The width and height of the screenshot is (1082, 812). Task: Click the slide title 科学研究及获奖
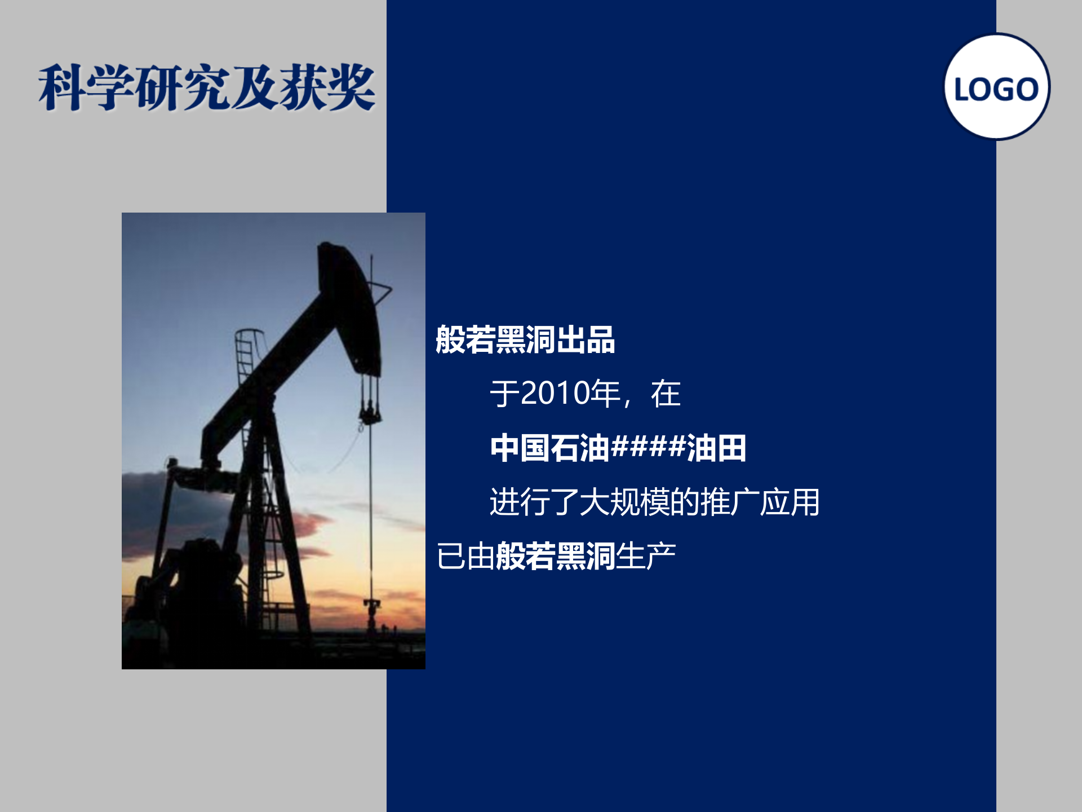pyautogui.click(x=207, y=87)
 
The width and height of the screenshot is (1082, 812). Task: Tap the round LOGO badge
pyautogui.click(x=996, y=87)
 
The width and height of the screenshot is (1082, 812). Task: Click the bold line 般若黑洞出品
pyautogui.click(x=525, y=340)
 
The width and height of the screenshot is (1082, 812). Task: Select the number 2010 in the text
pyautogui.click(x=555, y=393)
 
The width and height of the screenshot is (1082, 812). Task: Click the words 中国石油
pyautogui.click(x=549, y=448)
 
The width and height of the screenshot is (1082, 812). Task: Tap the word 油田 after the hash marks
pyautogui.click(x=716, y=448)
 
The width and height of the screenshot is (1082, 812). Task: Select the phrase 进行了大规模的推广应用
pyautogui.click(x=654, y=502)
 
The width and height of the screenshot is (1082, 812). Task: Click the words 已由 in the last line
pyautogui.click(x=465, y=557)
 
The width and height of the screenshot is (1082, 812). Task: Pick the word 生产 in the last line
pyautogui.click(x=646, y=557)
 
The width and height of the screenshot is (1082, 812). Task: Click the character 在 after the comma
pyautogui.click(x=666, y=393)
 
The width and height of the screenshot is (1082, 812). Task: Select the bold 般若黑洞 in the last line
pyautogui.click(x=555, y=557)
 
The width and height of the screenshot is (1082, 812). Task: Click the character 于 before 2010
pyautogui.click(x=504, y=393)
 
